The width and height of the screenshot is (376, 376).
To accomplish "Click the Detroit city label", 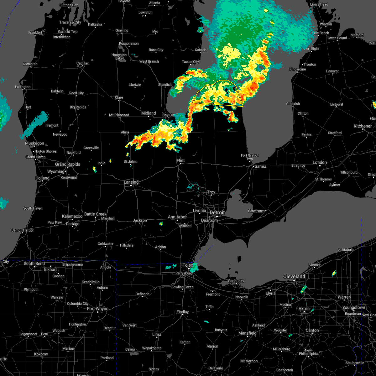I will (217, 212).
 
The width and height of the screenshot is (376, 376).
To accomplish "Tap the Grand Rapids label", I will (68, 164).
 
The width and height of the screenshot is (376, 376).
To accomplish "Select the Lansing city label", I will (131, 182).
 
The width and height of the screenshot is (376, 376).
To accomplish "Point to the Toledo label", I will (188, 265).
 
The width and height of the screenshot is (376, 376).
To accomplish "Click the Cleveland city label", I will (294, 276).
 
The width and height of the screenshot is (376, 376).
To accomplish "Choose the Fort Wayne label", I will (98, 309).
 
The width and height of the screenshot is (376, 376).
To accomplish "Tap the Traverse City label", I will (70, 22).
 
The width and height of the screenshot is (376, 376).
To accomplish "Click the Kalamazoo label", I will (72, 216).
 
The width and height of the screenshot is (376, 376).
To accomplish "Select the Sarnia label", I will (260, 166).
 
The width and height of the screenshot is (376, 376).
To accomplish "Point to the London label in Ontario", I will (320, 162).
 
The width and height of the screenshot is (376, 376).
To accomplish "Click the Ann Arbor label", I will (177, 217).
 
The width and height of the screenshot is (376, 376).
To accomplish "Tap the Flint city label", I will (180, 160).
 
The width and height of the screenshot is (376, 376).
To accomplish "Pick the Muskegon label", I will (34, 143).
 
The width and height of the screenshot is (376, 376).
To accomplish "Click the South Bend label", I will (34, 264).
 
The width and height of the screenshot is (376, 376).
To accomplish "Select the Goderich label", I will (293, 104).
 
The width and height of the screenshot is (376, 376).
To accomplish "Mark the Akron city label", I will (304, 309).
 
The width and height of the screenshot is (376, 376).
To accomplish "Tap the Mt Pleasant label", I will (119, 115).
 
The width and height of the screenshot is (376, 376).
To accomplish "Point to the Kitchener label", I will (363, 126).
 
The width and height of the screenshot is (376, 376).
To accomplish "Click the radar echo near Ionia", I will (94, 169).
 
